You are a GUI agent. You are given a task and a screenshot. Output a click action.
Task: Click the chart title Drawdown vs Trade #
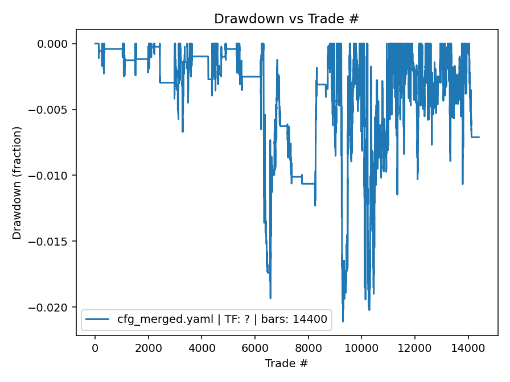coord(286,19)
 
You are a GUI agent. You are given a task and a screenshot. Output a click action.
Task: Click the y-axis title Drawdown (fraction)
coord(17,182)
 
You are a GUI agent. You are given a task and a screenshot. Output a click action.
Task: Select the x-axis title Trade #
coord(286,363)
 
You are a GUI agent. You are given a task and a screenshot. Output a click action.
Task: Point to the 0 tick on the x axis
coord(95,348)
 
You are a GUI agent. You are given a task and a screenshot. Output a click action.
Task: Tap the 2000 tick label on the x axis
coord(149,348)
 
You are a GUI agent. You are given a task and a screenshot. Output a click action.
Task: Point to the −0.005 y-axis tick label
coord(52,110)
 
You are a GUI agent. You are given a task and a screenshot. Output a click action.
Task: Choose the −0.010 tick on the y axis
coord(52,176)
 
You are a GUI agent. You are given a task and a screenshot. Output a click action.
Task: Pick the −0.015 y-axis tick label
coord(52,242)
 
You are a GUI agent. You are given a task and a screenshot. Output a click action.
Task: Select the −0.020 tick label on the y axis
coord(52,308)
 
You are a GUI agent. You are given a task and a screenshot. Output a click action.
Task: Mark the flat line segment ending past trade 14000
coord(475,137)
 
